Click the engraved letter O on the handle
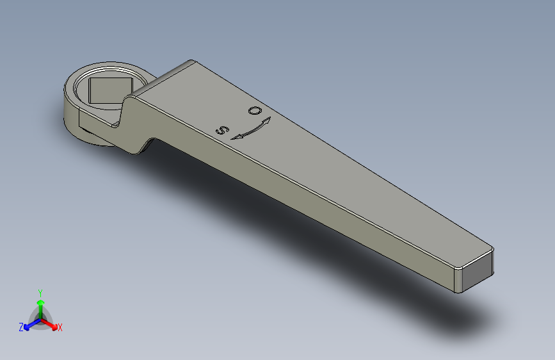254,111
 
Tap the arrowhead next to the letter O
266,120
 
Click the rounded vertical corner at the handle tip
457,281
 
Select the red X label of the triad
60,328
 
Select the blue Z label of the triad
21,327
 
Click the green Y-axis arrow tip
40,300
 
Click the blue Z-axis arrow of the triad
29,325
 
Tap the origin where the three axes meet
40,318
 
